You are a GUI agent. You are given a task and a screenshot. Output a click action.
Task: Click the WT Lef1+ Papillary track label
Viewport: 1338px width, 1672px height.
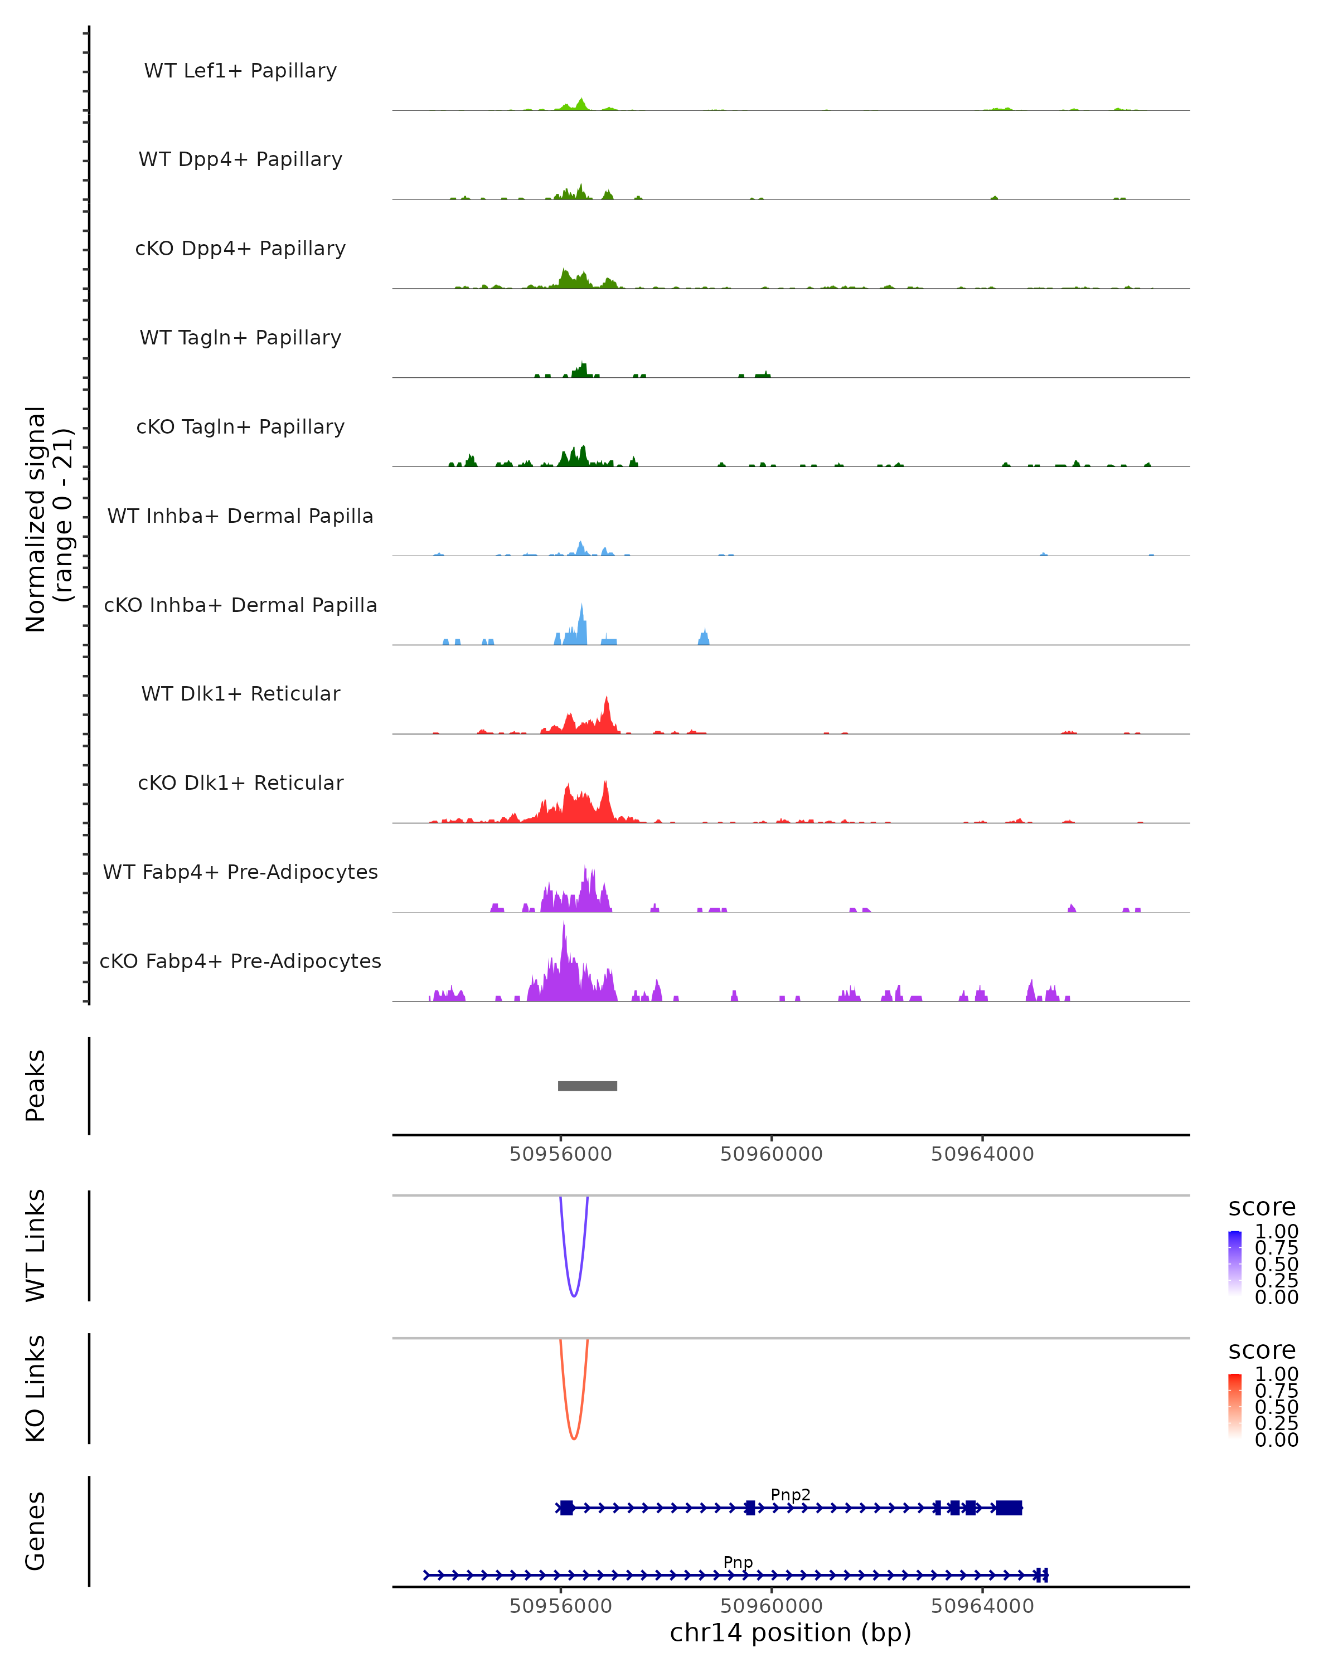click(240, 71)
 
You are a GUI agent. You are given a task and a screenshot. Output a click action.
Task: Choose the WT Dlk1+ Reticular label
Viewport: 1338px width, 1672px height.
click(240, 693)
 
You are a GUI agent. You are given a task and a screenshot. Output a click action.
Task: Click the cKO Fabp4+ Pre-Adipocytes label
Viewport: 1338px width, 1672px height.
click(240, 961)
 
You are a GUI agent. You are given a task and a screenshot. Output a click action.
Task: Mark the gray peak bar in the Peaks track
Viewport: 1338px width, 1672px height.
click(587, 1086)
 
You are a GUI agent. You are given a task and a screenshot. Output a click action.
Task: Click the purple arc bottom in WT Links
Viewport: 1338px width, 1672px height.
click(573, 1295)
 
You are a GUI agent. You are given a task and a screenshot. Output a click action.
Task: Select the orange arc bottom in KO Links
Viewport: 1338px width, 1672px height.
click(573, 1438)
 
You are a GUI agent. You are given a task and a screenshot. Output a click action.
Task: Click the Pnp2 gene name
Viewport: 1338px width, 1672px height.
click(791, 1494)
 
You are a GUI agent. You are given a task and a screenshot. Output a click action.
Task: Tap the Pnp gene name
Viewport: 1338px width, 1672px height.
click(738, 1562)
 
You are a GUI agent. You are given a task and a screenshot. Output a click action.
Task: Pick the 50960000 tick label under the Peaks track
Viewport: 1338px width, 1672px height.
click(771, 1154)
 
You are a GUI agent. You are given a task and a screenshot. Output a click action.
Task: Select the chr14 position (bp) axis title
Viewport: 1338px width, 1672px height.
click(791, 1633)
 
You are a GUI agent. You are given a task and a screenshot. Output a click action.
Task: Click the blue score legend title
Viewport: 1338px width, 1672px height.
click(1262, 1208)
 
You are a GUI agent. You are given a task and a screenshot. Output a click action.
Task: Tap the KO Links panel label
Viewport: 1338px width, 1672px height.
click(36, 1389)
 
